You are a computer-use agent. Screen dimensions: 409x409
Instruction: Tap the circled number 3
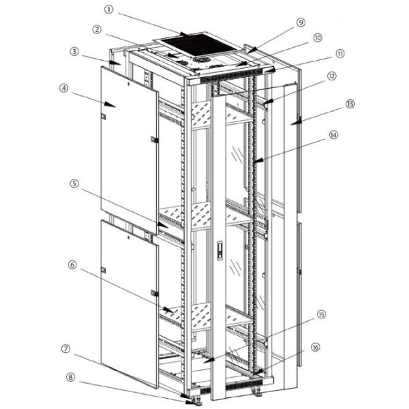(73, 52)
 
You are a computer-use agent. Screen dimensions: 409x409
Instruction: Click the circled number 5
(73, 183)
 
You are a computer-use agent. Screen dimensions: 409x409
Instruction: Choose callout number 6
(73, 264)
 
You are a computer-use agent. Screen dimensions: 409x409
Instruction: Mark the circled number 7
(66, 348)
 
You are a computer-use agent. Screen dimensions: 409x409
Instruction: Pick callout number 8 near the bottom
(70, 376)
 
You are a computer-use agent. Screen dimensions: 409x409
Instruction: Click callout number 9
(301, 22)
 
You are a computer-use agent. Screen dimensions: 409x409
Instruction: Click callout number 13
(350, 104)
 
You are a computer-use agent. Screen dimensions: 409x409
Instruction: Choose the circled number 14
(333, 135)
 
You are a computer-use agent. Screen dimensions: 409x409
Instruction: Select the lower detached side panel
(128, 300)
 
